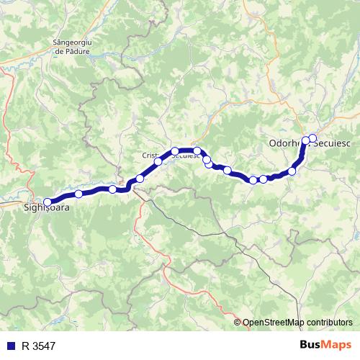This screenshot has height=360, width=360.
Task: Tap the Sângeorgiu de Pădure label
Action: click(x=76, y=47)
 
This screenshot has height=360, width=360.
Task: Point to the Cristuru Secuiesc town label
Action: click(x=169, y=155)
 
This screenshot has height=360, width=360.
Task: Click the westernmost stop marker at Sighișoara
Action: click(x=48, y=182)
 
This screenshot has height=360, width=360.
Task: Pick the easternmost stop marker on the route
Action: click(x=312, y=138)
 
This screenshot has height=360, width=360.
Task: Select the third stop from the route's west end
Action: click(x=112, y=189)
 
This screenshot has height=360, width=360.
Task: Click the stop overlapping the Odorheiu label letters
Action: click(x=305, y=140)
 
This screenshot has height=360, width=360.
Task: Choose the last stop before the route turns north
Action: click(x=292, y=171)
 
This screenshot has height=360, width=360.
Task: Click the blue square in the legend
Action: click(x=11, y=346)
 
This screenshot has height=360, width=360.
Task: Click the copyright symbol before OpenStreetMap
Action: click(x=237, y=322)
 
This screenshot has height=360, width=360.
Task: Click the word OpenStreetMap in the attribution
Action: click(x=272, y=322)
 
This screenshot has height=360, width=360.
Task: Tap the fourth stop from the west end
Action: click(x=140, y=177)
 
